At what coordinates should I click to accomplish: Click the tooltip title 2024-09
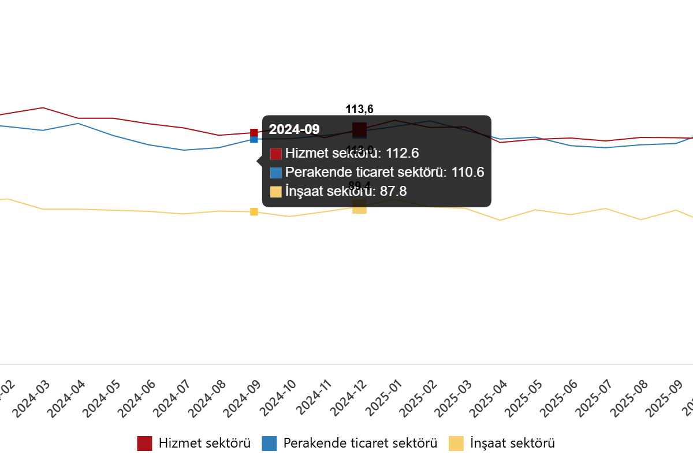(x=294, y=129)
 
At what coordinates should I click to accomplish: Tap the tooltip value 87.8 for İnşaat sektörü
(x=393, y=192)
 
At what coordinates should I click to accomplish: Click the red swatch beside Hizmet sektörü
(x=276, y=154)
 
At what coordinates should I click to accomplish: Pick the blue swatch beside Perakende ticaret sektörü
(x=276, y=172)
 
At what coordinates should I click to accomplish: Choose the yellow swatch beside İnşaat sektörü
(x=276, y=192)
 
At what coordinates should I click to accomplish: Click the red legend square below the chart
(x=144, y=444)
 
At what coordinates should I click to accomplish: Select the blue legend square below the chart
(x=269, y=444)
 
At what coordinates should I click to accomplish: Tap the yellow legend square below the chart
(x=456, y=444)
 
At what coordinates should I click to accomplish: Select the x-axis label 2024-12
(x=349, y=398)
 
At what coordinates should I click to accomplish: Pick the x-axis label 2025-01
(x=384, y=398)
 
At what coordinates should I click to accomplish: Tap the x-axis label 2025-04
(x=490, y=398)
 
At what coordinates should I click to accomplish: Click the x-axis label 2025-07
(x=595, y=398)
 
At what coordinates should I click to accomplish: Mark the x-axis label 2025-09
(x=666, y=398)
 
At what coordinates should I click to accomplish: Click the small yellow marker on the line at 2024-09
(x=254, y=212)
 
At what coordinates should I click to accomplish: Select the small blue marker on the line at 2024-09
(x=254, y=140)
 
